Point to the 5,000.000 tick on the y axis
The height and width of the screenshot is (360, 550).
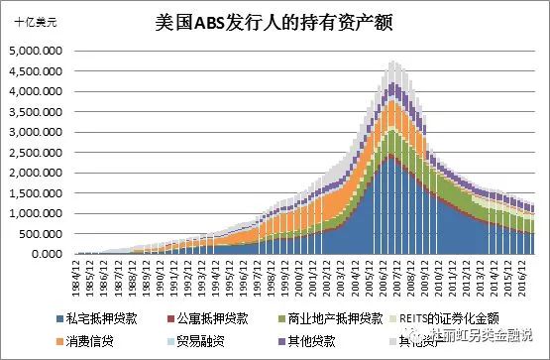pos(35,51)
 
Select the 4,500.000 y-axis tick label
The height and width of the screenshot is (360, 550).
pos(35,71)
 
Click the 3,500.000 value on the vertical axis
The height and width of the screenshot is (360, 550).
pos(35,112)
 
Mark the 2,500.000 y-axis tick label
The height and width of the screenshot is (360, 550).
pos(35,153)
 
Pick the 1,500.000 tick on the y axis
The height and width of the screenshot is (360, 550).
pos(35,193)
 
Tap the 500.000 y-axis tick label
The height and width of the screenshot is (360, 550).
pos(41,234)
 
